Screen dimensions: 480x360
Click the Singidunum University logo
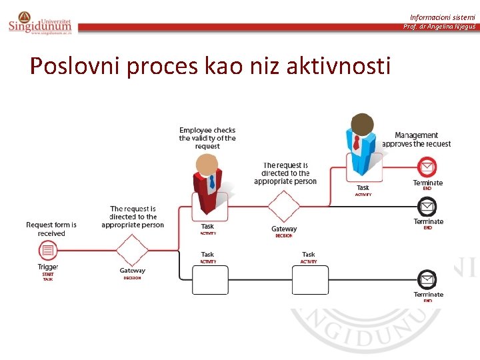(39, 21)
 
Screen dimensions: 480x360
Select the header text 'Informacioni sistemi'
(443, 17)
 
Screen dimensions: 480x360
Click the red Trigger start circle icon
(47, 251)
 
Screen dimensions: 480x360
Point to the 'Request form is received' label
(51, 229)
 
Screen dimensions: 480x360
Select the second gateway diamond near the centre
(284, 207)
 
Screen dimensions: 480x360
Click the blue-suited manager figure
(362, 143)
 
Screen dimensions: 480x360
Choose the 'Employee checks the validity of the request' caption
(207, 138)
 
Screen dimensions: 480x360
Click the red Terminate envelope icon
(427, 167)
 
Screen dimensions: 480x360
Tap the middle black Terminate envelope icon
(427, 206)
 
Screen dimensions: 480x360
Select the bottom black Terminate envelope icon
(427, 279)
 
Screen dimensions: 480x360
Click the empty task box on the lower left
(209, 279)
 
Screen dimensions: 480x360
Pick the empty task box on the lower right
(310, 279)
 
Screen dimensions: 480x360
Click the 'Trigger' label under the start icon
(47, 267)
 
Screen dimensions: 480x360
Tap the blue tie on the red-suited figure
(212, 181)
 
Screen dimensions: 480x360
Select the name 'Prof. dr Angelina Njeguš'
(439, 27)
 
